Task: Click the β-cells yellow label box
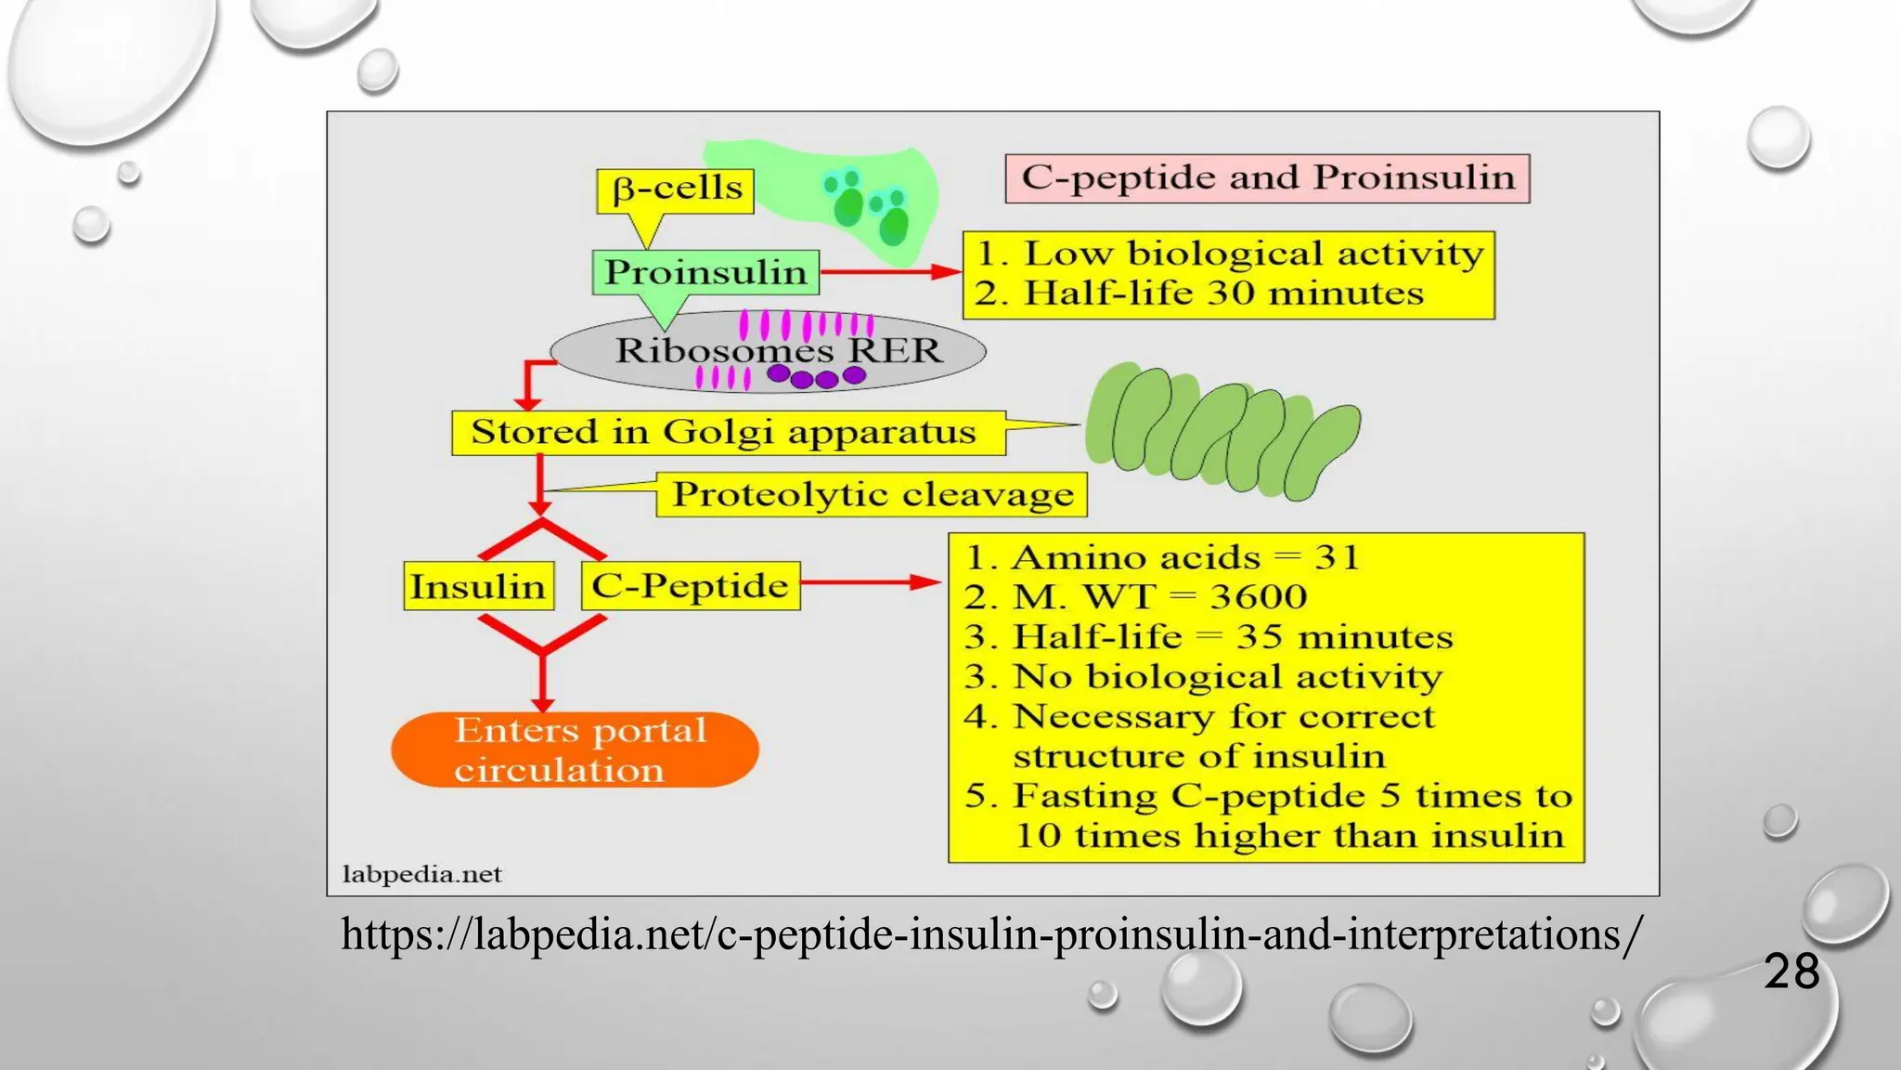pyautogui.click(x=675, y=190)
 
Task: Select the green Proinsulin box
pyautogui.click(x=705, y=272)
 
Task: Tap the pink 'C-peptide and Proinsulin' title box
pyautogui.click(x=1267, y=178)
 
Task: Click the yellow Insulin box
pyautogui.click(x=478, y=586)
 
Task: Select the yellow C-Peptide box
pyautogui.click(x=690, y=586)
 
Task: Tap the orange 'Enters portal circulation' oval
pyautogui.click(x=575, y=750)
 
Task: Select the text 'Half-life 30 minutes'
pyautogui.click(x=1222, y=294)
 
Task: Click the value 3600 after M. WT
pyautogui.click(x=1259, y=596)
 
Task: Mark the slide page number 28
pyautogui.click(x=1791, y=972)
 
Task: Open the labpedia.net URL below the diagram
pyautogui.click(x=990, y=934)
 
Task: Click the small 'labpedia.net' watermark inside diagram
pyautogui.click(x=421, y=874)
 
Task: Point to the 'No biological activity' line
pyautogui.click(x=1226, y=676)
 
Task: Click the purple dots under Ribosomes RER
pyautogui.click(x=816, y=376)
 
